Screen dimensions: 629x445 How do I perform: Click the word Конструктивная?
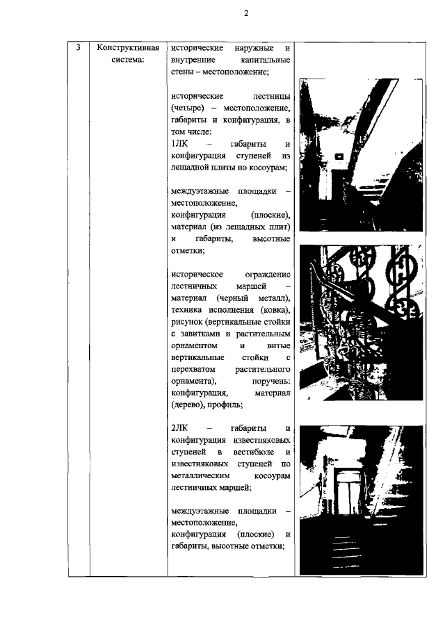click(x=129, y=47)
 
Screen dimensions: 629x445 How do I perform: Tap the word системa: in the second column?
click(x=129, y=60)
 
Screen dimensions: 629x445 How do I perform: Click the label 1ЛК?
click(x=180, y=143)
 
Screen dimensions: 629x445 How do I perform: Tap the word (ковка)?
click(x=270, y=309)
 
